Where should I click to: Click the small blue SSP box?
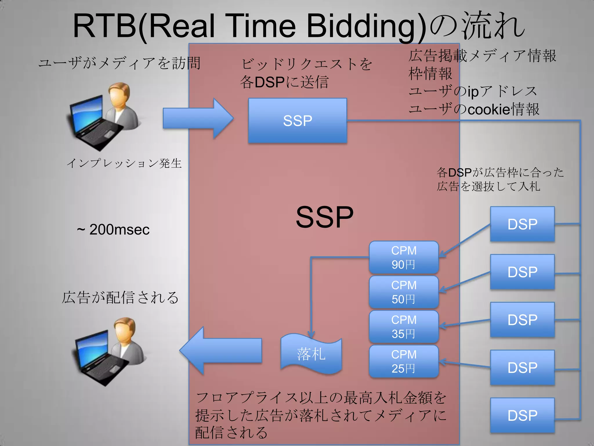coord(298,121)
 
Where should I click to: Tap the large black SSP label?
coord(324,217)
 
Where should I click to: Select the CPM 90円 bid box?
coord(403,257)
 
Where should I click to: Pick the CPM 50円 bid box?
coord(403,292)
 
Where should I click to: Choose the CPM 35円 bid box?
coord(403,327)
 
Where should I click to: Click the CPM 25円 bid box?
coord(403,361)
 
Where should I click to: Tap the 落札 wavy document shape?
coord(311,354)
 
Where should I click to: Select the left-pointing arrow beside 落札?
coord(220,350)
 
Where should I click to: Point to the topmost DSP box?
coord(522,224)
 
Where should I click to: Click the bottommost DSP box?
coord(522,415)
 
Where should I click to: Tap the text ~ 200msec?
coord(113,229)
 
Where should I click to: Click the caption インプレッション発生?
coord(124,163)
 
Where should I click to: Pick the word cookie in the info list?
coord(489,109)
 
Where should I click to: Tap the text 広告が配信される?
coord(120,298)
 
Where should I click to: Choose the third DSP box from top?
coord(522,319)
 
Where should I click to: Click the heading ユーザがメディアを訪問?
coord(119,63)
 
